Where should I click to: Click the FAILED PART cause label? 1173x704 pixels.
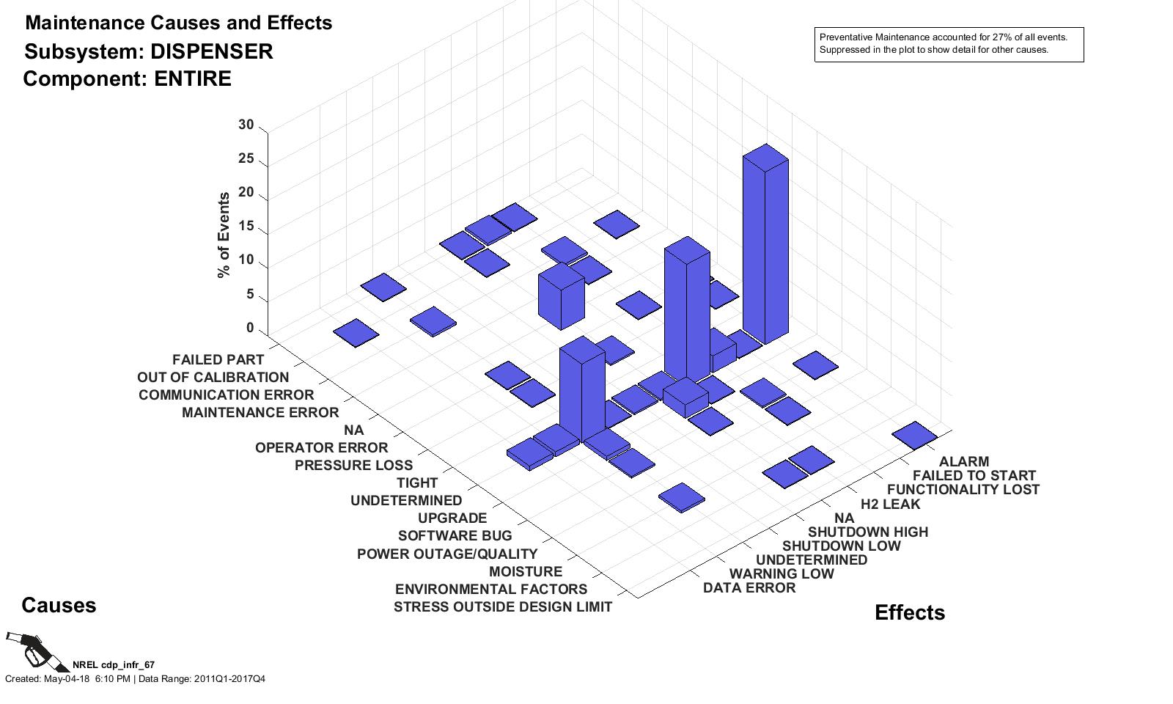(x=218, y=359)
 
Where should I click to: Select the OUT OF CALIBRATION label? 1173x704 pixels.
(x=213, y=377)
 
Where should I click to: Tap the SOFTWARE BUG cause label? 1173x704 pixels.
(x=455, y=536)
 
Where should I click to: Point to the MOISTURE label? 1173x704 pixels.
(x=525, y=571)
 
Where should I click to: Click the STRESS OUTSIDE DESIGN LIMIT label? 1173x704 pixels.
(x=502, y=607)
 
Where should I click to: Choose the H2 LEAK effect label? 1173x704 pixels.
(x=890, y=504)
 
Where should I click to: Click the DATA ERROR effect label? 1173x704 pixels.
(x=749, y=588)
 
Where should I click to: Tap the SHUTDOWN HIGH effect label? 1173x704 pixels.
(x=867, y=532)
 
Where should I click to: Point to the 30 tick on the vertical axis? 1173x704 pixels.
(x=246, y=125)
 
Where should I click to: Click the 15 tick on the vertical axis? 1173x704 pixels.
(x=246, y=227)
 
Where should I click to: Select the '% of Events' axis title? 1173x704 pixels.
(x=224, y=235)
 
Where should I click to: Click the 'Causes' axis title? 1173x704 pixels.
(x=59, y=605)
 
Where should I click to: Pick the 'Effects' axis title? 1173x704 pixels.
(x=909, y=612)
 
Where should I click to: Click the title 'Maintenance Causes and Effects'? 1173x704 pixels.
(x=178, y=23)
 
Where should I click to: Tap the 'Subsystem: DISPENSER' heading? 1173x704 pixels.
(x=148, y=51)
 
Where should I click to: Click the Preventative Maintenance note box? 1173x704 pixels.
(x=949, y=45)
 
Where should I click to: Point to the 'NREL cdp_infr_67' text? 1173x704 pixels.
(x=113, y=665)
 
